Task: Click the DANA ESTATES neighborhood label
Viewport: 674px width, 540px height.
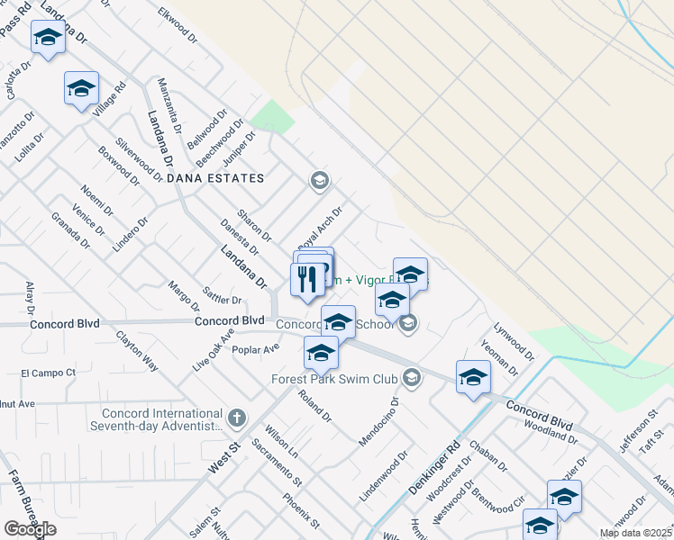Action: tap(215, 178)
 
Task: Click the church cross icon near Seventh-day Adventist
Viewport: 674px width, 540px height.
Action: tap(236, 418)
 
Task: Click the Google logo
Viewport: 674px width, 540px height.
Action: tap(30, 529)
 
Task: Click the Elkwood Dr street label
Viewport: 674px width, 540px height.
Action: tap(177, 23)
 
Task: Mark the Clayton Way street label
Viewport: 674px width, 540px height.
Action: tap(136, 352)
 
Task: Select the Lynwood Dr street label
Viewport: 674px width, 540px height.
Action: tap(514, 341)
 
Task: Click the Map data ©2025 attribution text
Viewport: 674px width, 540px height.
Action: tap(636, 533)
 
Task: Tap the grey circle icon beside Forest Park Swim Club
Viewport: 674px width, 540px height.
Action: tap(413, 377)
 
